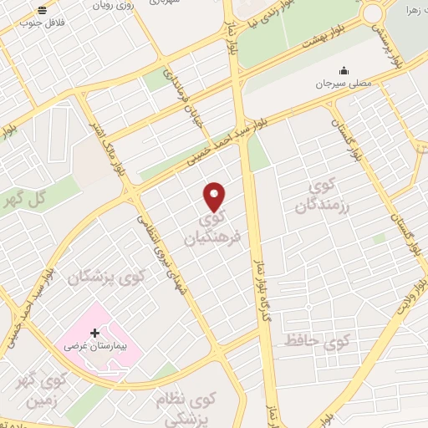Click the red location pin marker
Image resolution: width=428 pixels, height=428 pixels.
(x=215, y=196)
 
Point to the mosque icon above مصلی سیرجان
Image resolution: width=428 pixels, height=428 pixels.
(x=342, y=72)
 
